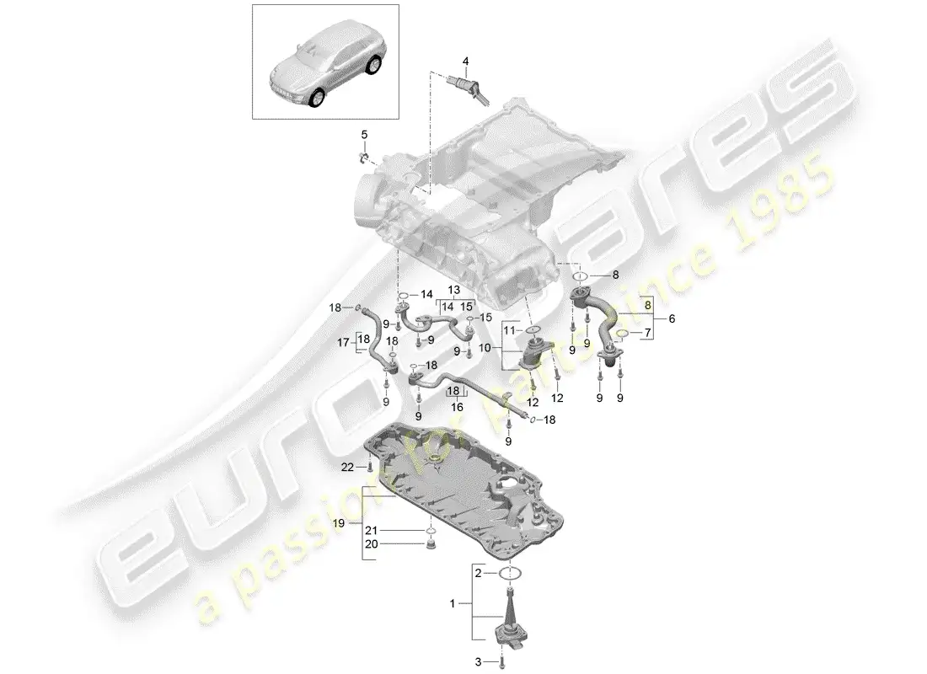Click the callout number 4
[x=463, y=61]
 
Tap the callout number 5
[x=365, y=135]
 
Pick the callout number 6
[x=671, y=318]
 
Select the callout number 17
[x=343, y=343]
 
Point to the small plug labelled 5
[x=363, y=158]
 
